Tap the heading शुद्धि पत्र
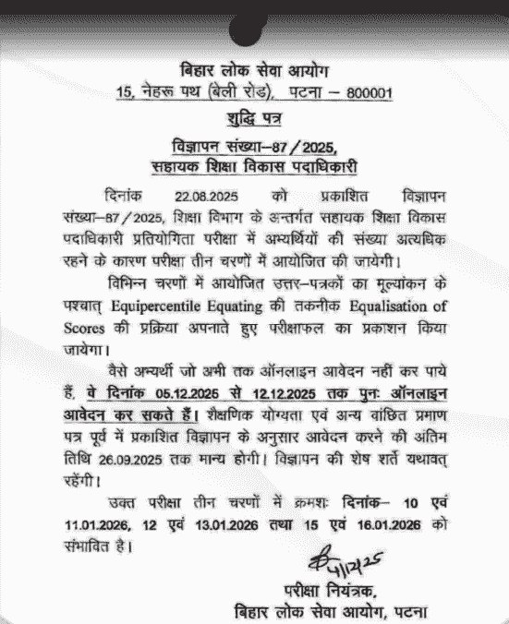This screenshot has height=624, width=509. point(254,119)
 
